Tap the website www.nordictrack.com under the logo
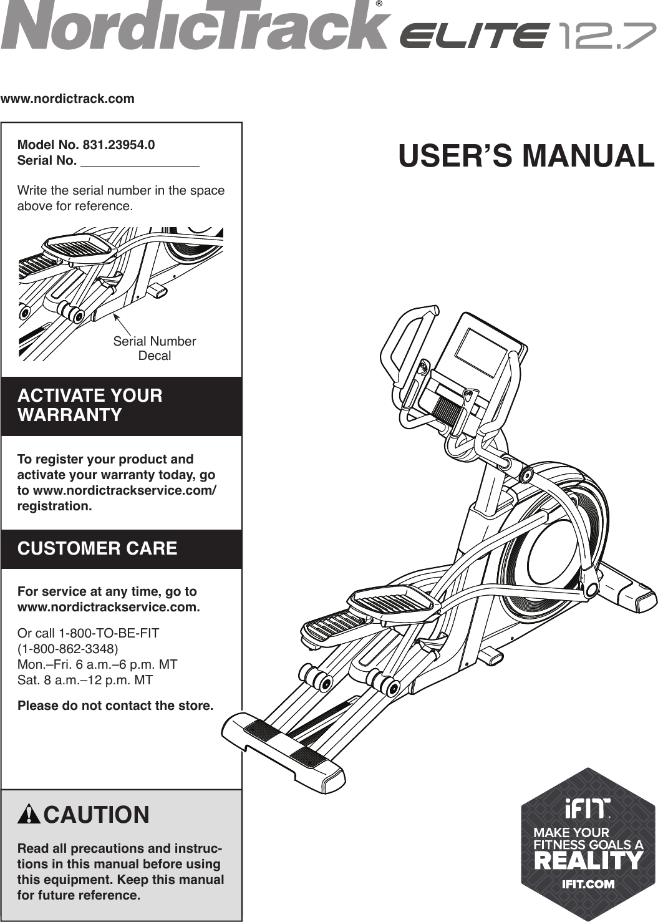point(67,99)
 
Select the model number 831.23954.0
point(119,145)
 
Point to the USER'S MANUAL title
point(526,156)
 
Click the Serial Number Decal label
point(154,348)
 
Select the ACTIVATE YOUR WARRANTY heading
point(90,405)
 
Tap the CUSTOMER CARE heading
point(97,548)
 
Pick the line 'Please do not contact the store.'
point(115,706)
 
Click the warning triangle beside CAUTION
point(29,815)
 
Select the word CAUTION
point(97,815)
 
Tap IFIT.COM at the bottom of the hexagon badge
point(588,884)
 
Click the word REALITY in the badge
point(588,861)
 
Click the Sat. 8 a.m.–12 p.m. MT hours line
point(85,680)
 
